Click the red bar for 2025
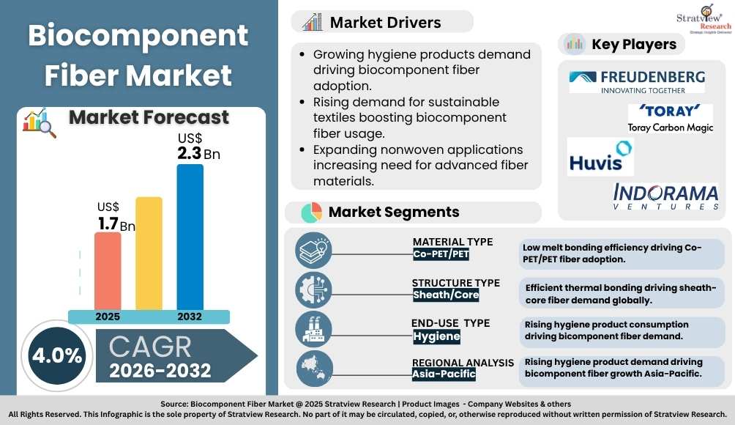pyautogui.click(x=108, y=270)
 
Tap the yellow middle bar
pyautogui.click(x=149, y=253)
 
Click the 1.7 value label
pyautogui.click(x=108, y=223)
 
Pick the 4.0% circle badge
pyautogui.click(x=56, y=356)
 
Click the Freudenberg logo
pyautogui.click(x=637, y=81)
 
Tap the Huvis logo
pyautogui.click(x=600, y=158)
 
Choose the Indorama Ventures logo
pyautogui.click(x=665, y=196)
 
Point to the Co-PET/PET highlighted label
pyautogui.click(x=441, y=255)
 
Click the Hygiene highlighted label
pyautogui.click(x=436, y=336)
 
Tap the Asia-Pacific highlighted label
pyautogui.click(x=444, y=374)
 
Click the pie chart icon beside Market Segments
pyautogui.click(x=311, y=212)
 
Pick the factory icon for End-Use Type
pyautogui.click(x=313, y=328)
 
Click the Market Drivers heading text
pyautogui.click(x=385, y=22)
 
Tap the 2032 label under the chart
pyautogui.click(x=189, y=317)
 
